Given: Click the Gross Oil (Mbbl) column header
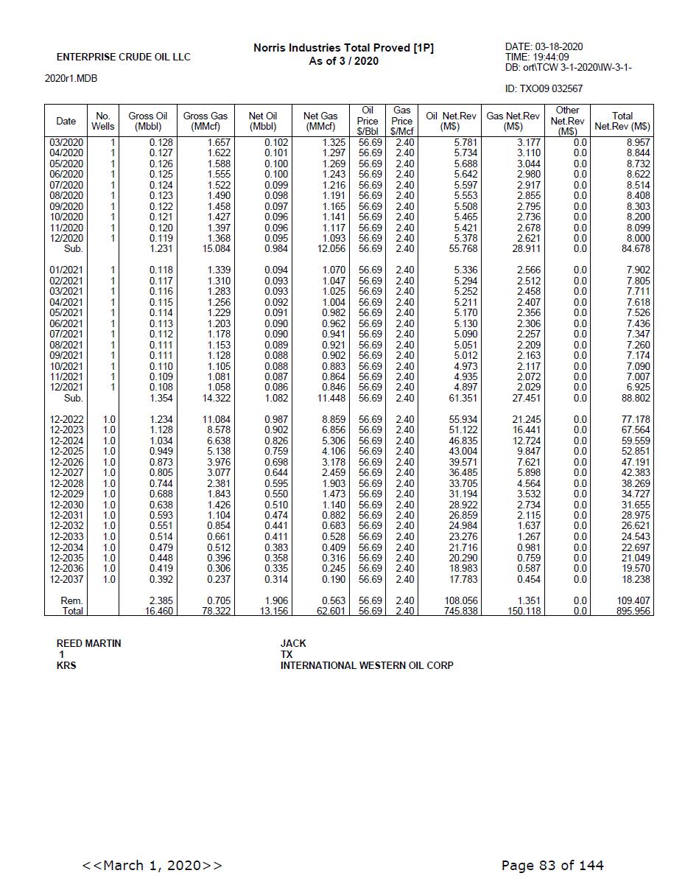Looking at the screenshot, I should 147,121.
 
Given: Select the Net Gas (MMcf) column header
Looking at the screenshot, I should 320,121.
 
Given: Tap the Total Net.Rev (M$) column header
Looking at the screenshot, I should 622,121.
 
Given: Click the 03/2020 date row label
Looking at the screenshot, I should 66,142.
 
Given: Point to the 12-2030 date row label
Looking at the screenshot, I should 66,505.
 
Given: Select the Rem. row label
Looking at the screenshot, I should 71,601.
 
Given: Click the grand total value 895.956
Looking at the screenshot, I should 633,612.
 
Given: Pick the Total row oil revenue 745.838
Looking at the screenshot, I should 460,612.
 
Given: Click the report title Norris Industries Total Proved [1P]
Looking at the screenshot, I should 343,48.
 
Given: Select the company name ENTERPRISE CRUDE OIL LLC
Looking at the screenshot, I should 123,57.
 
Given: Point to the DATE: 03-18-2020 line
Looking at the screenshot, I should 544,47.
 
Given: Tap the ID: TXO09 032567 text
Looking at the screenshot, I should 544,89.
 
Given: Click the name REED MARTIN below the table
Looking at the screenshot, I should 88,644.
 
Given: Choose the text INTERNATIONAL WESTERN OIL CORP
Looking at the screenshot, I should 366,666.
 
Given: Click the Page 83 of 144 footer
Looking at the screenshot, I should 552,866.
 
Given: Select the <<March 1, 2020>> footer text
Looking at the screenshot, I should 152,866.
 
